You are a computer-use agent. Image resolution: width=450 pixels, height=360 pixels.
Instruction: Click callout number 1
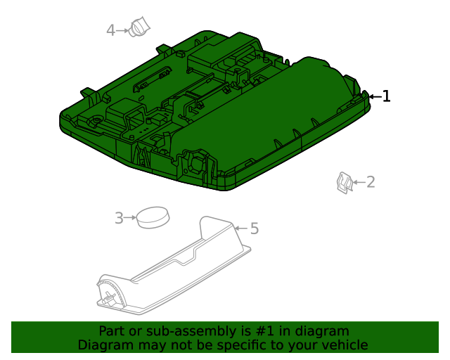(386, 96)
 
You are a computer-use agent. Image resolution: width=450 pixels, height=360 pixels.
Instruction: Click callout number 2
(371, 182)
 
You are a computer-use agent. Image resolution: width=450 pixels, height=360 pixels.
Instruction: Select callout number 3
(119, 219)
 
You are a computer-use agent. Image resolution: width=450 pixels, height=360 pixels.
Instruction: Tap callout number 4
(111, 30)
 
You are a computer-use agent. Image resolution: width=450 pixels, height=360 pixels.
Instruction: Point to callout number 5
(255, 229)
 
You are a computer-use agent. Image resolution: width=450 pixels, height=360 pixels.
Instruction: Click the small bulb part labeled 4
(140, 29)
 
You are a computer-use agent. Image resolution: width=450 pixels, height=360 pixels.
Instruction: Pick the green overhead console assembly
(211, 112)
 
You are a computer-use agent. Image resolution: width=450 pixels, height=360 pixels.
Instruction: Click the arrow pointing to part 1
(374, 96)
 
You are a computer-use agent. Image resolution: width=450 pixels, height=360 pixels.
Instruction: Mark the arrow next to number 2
(358, 183)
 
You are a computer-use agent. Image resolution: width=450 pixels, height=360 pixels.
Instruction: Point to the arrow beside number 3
(130, 219)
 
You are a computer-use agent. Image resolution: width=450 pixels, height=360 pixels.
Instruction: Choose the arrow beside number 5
(240, 228)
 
